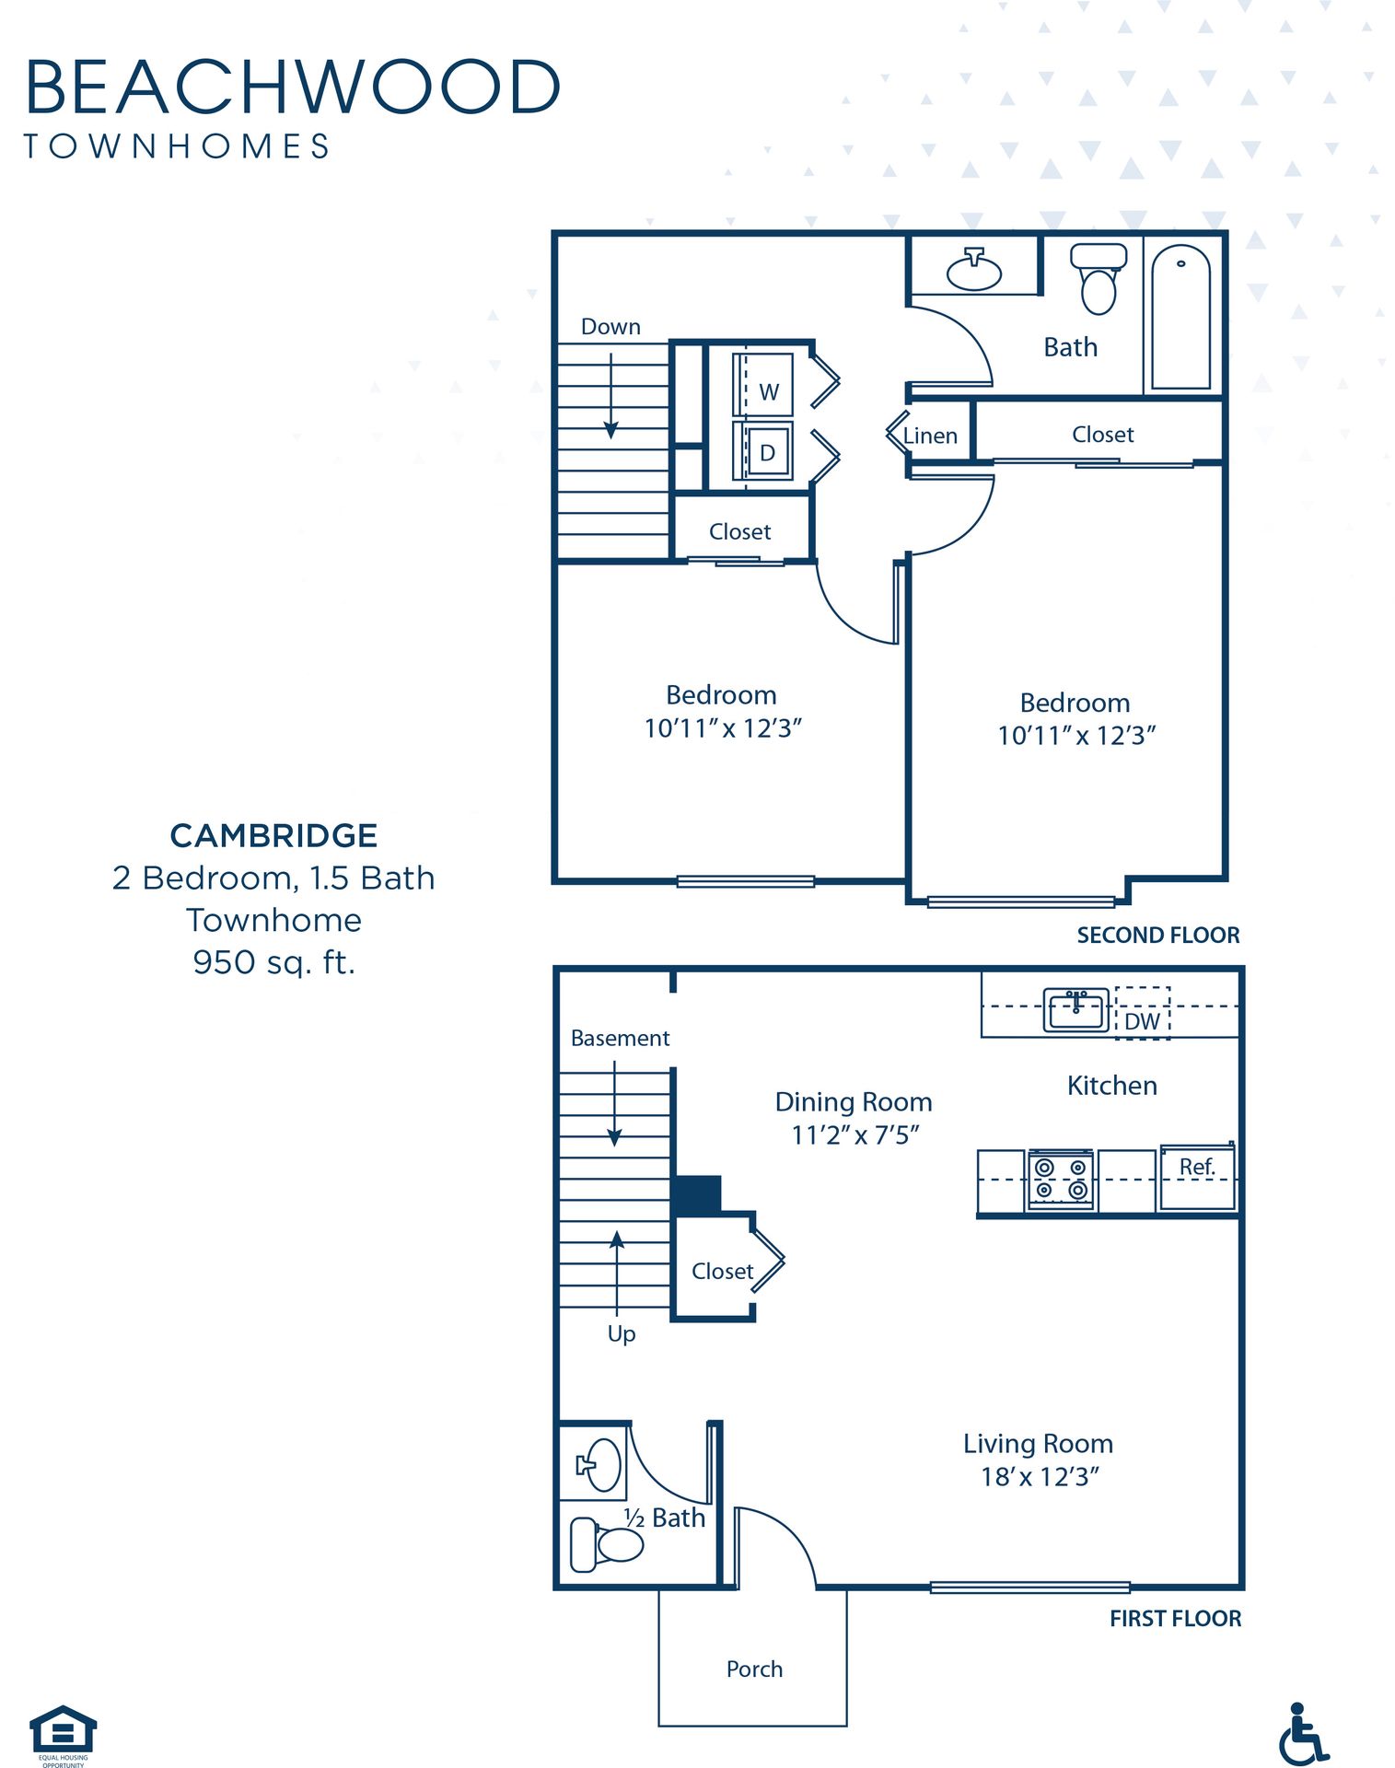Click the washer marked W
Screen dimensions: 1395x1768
[x=763, y=384]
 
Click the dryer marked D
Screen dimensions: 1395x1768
[x=763, y=450]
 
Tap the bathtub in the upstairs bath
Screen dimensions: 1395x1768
[x=1181, y=317]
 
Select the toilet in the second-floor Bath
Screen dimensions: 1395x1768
[x=1099, y=278]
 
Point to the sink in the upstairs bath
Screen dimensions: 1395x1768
[x=974, y=270]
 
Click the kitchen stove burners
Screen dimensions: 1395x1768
[x=1061, y=1180]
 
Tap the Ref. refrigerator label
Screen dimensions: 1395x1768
[x=1197, y=1167]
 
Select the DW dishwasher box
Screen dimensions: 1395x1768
[x=1143, y=1013]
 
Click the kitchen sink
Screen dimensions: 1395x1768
[x=1076, y=1010]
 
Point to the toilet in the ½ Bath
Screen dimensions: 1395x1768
[x=607, y=1544]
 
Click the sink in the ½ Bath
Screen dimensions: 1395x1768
[x=599, y=1464]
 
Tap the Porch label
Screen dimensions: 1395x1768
[x=754, y=1669]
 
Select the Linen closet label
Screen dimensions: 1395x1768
[x=930, y=436]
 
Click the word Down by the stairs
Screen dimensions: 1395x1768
[x=610, y=327]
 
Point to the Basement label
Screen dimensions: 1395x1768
[x=620, y=1038]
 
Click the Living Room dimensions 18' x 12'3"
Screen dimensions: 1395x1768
[x=1040, y=1476]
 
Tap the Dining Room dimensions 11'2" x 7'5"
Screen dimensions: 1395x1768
[x=855, y=1134]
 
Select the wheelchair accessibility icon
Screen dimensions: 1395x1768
[x=1303, y=1733]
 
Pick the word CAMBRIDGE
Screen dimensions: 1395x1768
[x=273, y=835]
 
